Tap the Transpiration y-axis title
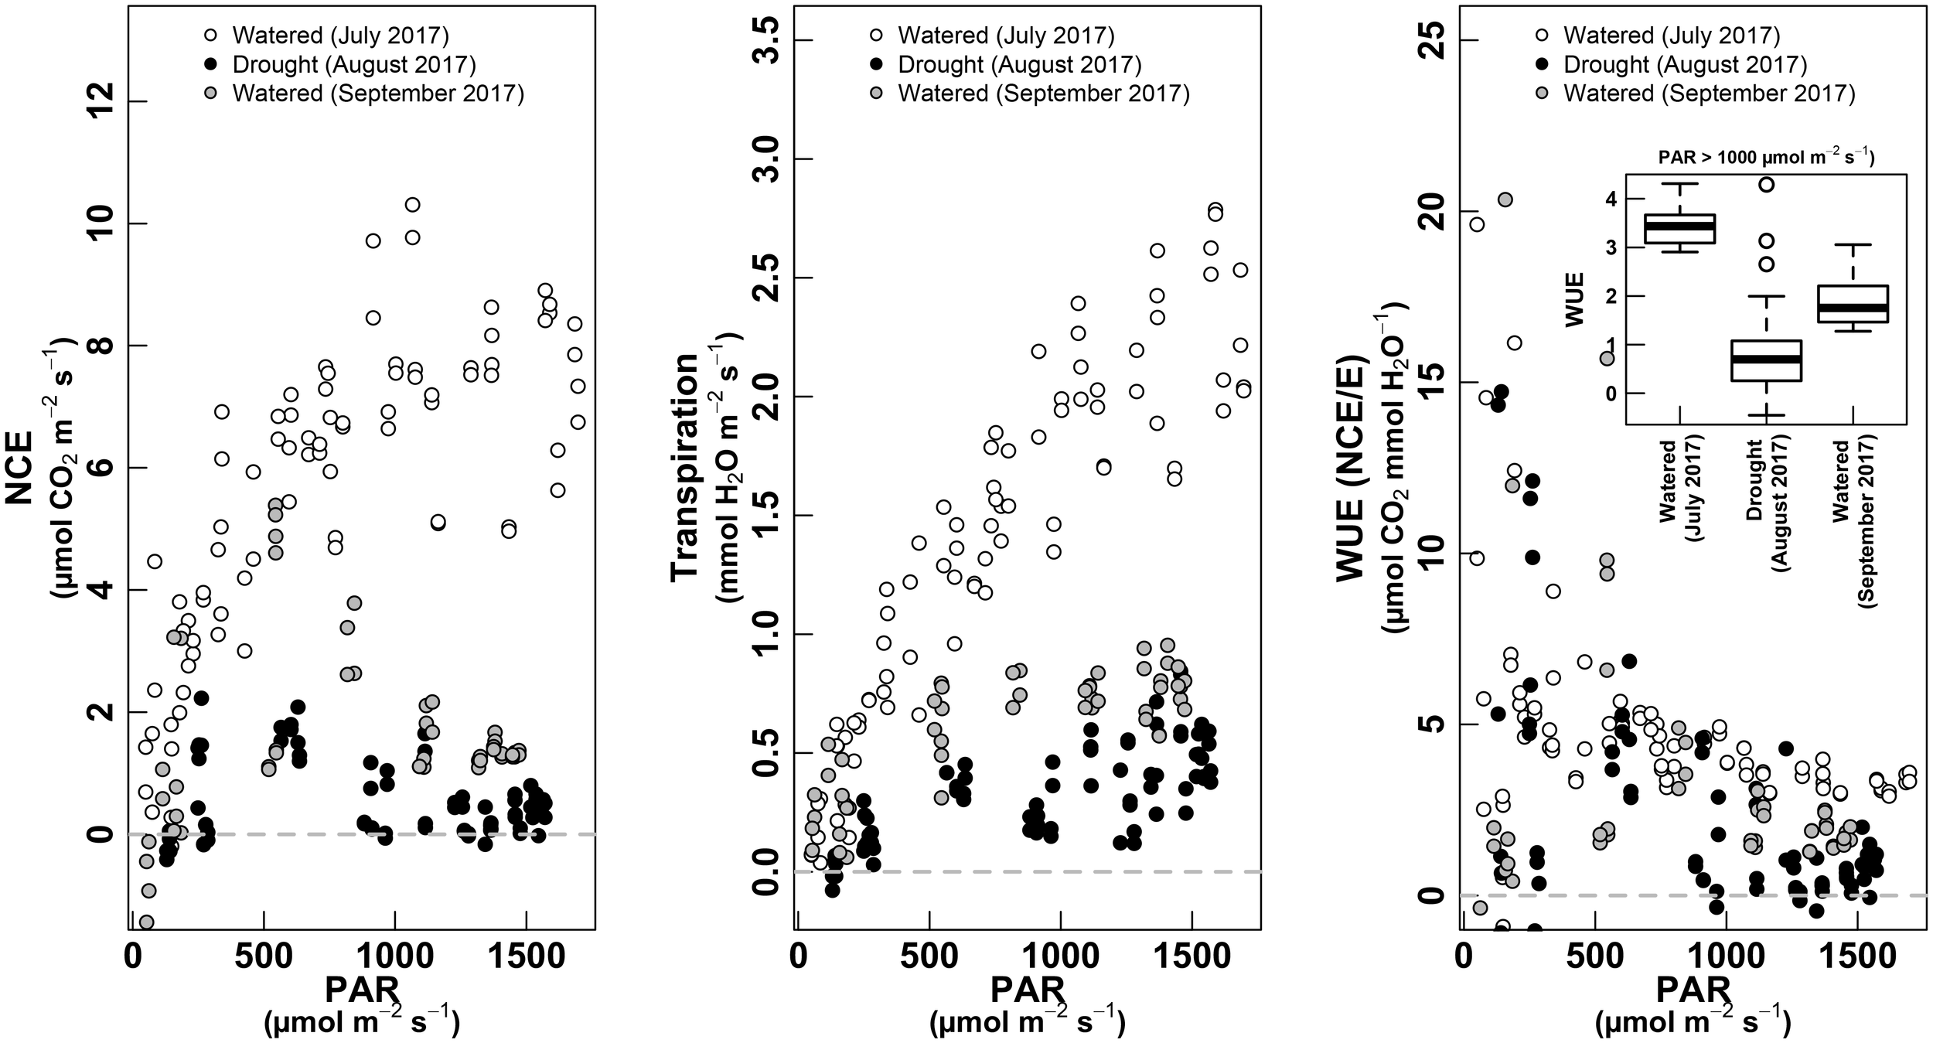(684, 468)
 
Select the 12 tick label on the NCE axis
(103, 102)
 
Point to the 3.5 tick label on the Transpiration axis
(768, 40)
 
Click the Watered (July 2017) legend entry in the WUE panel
(1660, 36)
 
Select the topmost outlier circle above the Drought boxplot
(1767, 184)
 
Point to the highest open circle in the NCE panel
(412, 205)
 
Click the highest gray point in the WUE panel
(1505, 199)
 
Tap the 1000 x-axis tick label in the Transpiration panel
(1059, 956)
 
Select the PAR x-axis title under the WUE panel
(1693, 990)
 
